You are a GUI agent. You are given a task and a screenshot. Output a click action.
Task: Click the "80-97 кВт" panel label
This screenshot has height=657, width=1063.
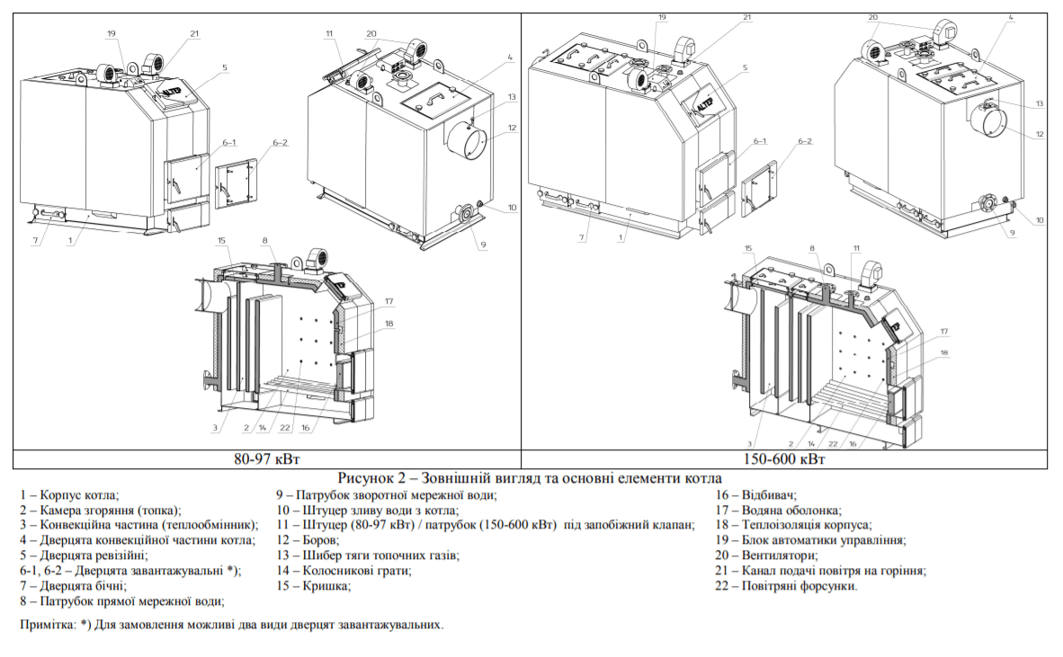(x=267, y=458)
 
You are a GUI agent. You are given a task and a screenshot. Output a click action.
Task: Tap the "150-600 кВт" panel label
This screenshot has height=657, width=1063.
(x=786, y=458)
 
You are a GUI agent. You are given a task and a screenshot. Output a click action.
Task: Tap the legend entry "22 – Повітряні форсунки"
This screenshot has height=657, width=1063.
(x=787, y=586)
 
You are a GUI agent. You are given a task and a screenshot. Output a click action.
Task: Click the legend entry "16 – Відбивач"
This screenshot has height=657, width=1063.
(x=756, y=494)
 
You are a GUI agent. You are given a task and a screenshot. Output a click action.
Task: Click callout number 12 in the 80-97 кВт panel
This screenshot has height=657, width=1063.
(x=512, y=128)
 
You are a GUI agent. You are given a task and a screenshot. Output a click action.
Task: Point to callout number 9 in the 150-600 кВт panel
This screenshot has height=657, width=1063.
(x=1011, y=234)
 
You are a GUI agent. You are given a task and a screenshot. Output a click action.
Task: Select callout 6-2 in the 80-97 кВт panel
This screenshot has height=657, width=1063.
(x=280, y=143)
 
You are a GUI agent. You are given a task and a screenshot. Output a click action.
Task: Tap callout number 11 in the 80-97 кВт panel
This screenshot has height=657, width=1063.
(x=330, y=33)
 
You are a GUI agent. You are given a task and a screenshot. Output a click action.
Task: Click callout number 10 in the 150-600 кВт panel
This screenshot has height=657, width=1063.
(x=1039, y=219)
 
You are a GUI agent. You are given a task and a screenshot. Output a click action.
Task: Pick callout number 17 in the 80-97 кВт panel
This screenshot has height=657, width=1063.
(x=389, y=301)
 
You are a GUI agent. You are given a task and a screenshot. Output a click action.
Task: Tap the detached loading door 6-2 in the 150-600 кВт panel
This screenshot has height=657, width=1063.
(x=756, y=190)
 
